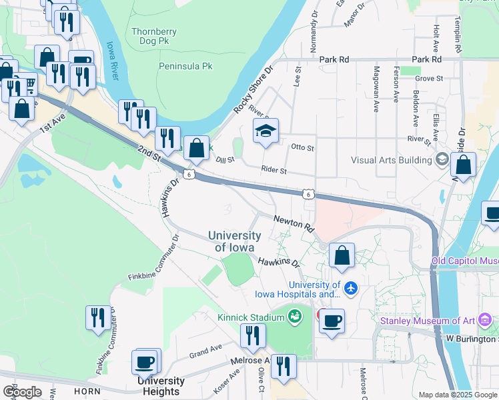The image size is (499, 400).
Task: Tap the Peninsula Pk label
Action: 185,66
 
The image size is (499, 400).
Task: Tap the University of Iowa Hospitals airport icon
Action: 352,289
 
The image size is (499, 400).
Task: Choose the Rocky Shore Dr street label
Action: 254,88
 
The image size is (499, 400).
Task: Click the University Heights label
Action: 161,386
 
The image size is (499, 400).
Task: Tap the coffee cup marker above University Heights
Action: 145,363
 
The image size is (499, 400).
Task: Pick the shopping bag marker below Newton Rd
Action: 342,255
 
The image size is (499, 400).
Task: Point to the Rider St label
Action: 274,171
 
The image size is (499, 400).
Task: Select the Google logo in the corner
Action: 22,391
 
